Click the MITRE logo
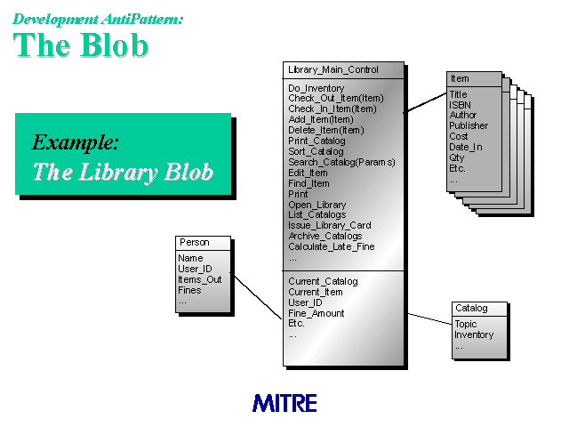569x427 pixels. pos(284,403)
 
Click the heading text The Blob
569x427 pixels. pos(81,45)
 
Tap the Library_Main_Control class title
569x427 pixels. pos(333,69)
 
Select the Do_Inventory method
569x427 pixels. pos(317,88)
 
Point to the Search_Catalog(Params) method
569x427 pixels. pos(341,162)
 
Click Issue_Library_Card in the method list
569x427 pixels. pos(330,225)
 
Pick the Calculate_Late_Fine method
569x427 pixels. pos(332,247)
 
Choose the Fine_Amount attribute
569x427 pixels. pos(317,313)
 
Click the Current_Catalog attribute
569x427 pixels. pos(323,281)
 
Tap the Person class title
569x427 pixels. pos(195,242)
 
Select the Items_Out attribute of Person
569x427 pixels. pos(199,279)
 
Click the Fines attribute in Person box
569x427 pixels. pos(189,290)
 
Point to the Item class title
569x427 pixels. pos(460,78)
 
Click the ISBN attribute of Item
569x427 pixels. pos(461,105)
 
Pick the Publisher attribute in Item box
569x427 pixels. pos(469,125)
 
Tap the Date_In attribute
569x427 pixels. pos(466,147)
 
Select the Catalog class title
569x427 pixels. pos(471,309)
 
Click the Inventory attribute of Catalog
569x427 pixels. pos(474,334)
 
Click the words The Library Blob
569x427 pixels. pos(123,172)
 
